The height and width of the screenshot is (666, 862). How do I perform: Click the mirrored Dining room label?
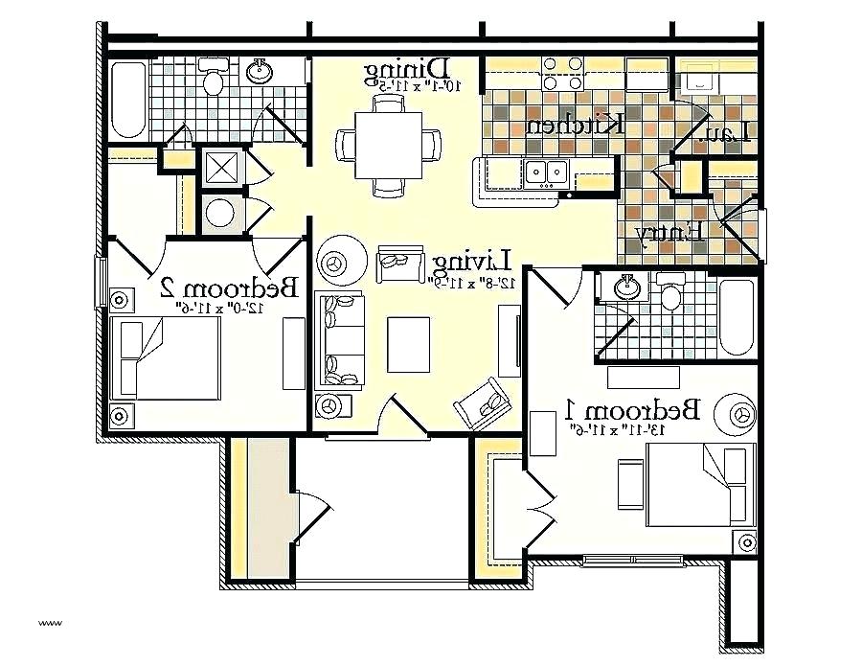click(x=408, y=69)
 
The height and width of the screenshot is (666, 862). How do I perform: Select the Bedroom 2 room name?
click(x=230, y=287)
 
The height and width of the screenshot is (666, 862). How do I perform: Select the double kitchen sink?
click(x=547, y=172)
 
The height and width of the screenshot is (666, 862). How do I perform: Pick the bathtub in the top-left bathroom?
click(x=129, y=101)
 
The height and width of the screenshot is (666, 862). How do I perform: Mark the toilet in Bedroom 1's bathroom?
click(x=669, y=292)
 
